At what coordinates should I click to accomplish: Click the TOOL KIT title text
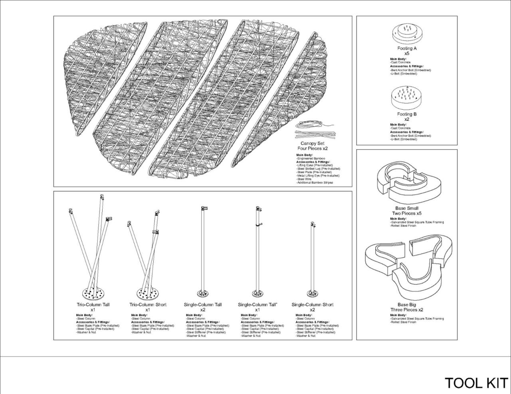(x=476, y=383)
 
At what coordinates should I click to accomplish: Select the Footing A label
(x=407, y=48)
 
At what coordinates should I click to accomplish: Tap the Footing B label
(x=407, y=114)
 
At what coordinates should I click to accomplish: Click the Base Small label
(x=407, y=208)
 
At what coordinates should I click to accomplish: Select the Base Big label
(x=407, y=305)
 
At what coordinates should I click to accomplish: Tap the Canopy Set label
(x=312, y=144)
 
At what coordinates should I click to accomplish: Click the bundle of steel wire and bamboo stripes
(x=315, y=130)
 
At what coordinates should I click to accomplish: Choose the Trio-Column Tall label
(x=93, y=305)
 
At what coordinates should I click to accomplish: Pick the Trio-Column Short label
(x=148, y=305)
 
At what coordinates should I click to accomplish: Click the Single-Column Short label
(x=312, y=305)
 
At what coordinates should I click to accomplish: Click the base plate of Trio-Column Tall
(x=93, y=294)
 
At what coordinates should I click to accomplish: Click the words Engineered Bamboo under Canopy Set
(x=311, y=159)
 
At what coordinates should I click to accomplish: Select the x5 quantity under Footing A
(x=407, y=53)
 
